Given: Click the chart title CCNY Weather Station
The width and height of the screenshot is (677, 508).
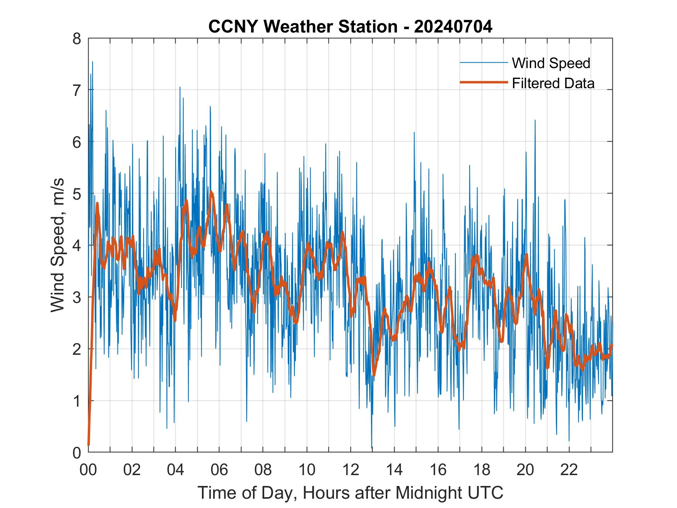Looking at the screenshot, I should pyautogui.click(x=303, y=27).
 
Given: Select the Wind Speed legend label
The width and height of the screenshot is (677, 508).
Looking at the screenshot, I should pyautogui.click(x=551, y=63).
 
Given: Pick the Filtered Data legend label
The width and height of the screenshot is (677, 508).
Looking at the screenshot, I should pyautogui.click(x=553, y=83).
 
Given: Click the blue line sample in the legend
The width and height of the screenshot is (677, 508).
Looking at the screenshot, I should pyautogui.click(x=483, y=63).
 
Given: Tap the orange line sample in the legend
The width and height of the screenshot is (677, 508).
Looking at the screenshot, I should pyautogui.click(x=483, y=82).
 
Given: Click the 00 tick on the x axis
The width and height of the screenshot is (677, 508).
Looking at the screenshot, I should pyautogui.click(x=88, y=470).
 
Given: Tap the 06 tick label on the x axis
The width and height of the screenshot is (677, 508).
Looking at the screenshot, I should pyautogui.click(x=219, y=470).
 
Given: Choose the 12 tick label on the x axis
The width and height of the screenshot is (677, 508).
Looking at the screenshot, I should pyautogui.click(x=350, y=470).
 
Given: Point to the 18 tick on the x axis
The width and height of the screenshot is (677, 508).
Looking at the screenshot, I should pyautogui.click(x=482, y=470).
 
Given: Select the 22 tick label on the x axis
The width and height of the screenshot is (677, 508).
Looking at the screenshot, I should pyautogui.click(x=569, y=470).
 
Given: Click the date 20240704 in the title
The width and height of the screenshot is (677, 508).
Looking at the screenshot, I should pyautogui.click(x=453, y=27).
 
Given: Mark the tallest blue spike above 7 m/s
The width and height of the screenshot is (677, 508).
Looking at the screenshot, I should pyautogui.click(x=92, y=62).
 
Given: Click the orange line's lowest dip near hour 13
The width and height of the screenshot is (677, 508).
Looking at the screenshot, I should pyautogui.click(x=374, y=375).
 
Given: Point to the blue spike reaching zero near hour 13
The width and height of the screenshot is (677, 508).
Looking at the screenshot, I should pyautogui.click(x=372, y=448).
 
